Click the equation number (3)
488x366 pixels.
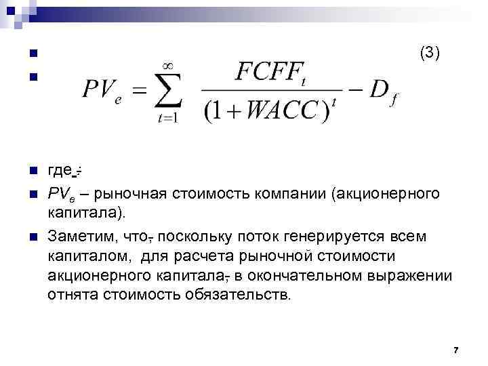point(430,52)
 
